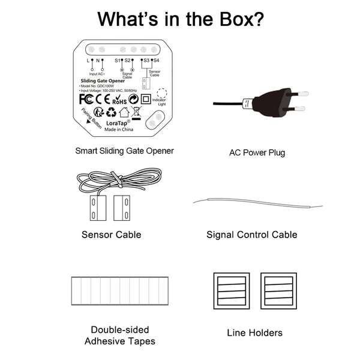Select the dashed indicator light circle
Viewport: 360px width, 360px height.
pyautogui.click(x=161, y=94)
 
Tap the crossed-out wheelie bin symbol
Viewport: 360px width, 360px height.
pyautogui.click(x=136, y=111)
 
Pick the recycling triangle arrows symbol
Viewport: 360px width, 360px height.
pyautogui.click(x=112, y=112)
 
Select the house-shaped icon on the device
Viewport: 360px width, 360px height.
pyautogui.click(x=124, y=112)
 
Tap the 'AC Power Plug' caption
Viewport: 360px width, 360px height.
pyautogui.click(x=257, y=152)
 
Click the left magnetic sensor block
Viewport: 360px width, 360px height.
pyautogui.click(x=94, y=208)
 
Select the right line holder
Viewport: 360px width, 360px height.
pyautogui.click(x=278, y=291)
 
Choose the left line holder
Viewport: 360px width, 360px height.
pyautogui.click(x=232, y=291)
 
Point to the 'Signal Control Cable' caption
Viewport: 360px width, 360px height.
pyautogui.click(x=251, y=235)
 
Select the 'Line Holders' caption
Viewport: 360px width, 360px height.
pyautogui.click(x=254, y=332)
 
